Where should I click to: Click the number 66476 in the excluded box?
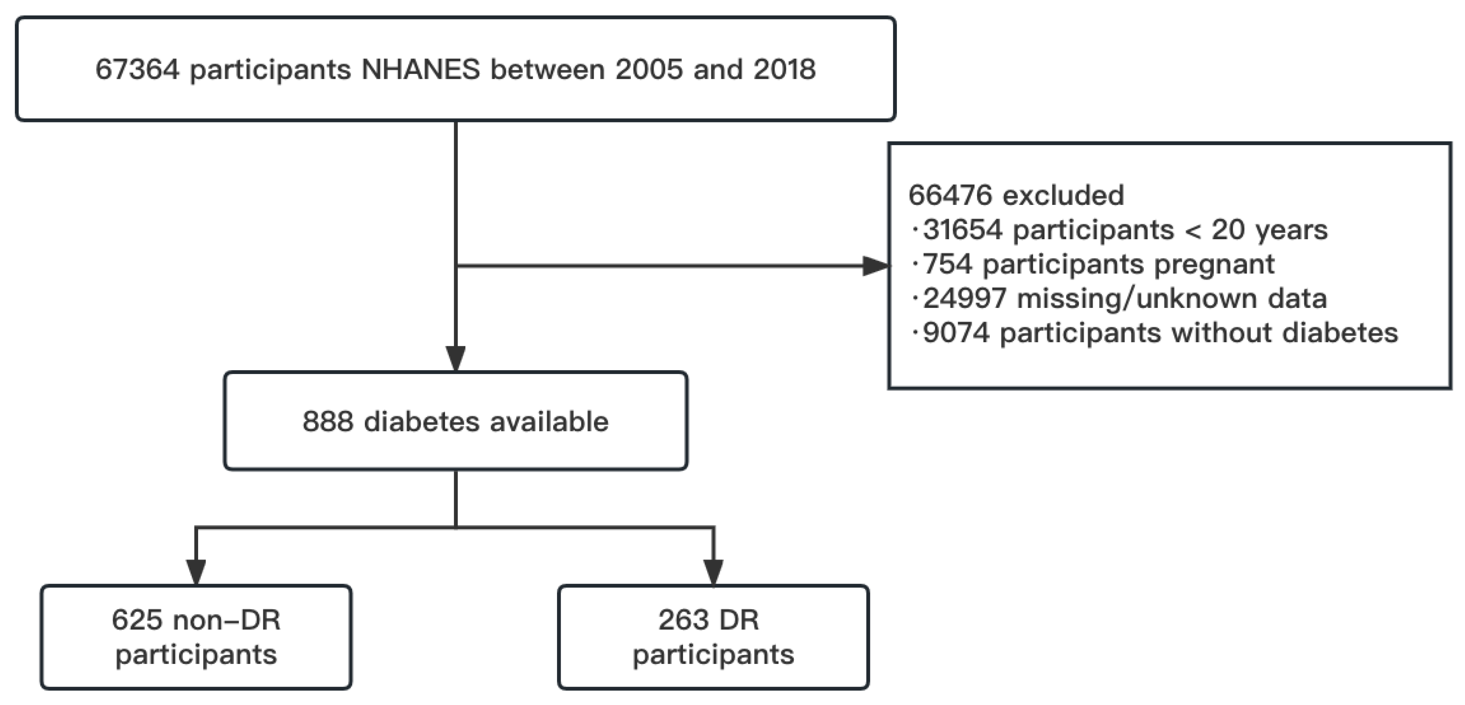click(950, 196)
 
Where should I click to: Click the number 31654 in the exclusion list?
click(962, 230)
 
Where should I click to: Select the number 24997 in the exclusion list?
click(964, 299)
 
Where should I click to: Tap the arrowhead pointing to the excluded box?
click(875, 266)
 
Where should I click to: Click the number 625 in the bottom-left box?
click(137, 620)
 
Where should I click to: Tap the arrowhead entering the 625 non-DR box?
click(195, 572)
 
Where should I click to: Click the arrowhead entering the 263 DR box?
click(713, 572)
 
